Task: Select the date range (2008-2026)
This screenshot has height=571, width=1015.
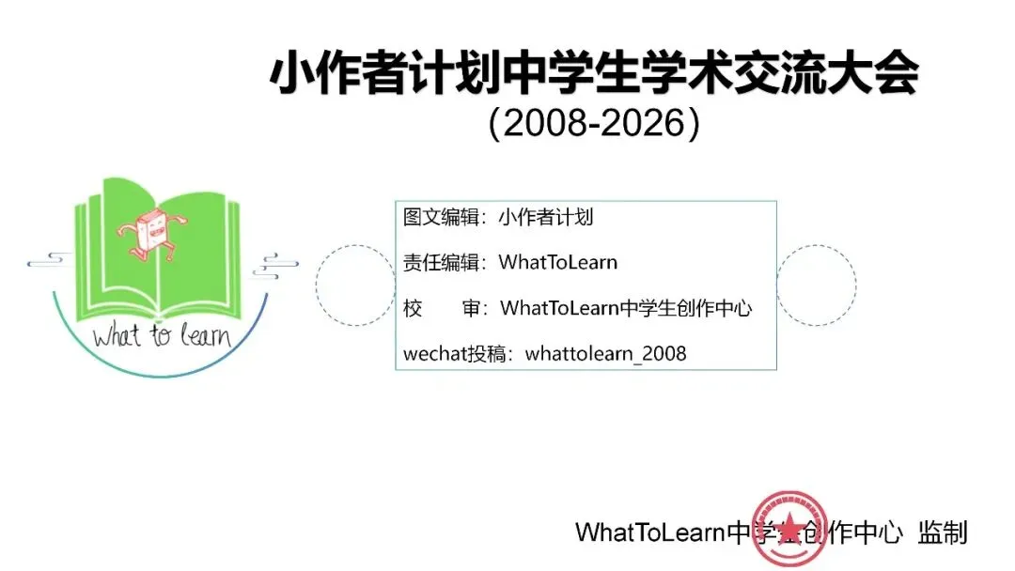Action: click(594, 124)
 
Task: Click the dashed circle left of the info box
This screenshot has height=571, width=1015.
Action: click(354, 285)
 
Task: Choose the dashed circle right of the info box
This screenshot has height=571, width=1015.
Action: click(817, 285)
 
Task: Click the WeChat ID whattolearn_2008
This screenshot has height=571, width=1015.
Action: click(606, 354)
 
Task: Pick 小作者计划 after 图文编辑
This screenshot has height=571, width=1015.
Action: click(546, 218)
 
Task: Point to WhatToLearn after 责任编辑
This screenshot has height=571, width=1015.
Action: click(558, 262)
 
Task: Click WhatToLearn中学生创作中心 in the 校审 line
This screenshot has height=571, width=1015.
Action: click(626, 308)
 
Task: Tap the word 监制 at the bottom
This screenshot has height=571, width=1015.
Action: click(944, 532)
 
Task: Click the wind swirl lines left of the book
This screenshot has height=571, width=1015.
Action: click(52, 259)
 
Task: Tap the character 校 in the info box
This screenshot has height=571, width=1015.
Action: click(414, 308)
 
